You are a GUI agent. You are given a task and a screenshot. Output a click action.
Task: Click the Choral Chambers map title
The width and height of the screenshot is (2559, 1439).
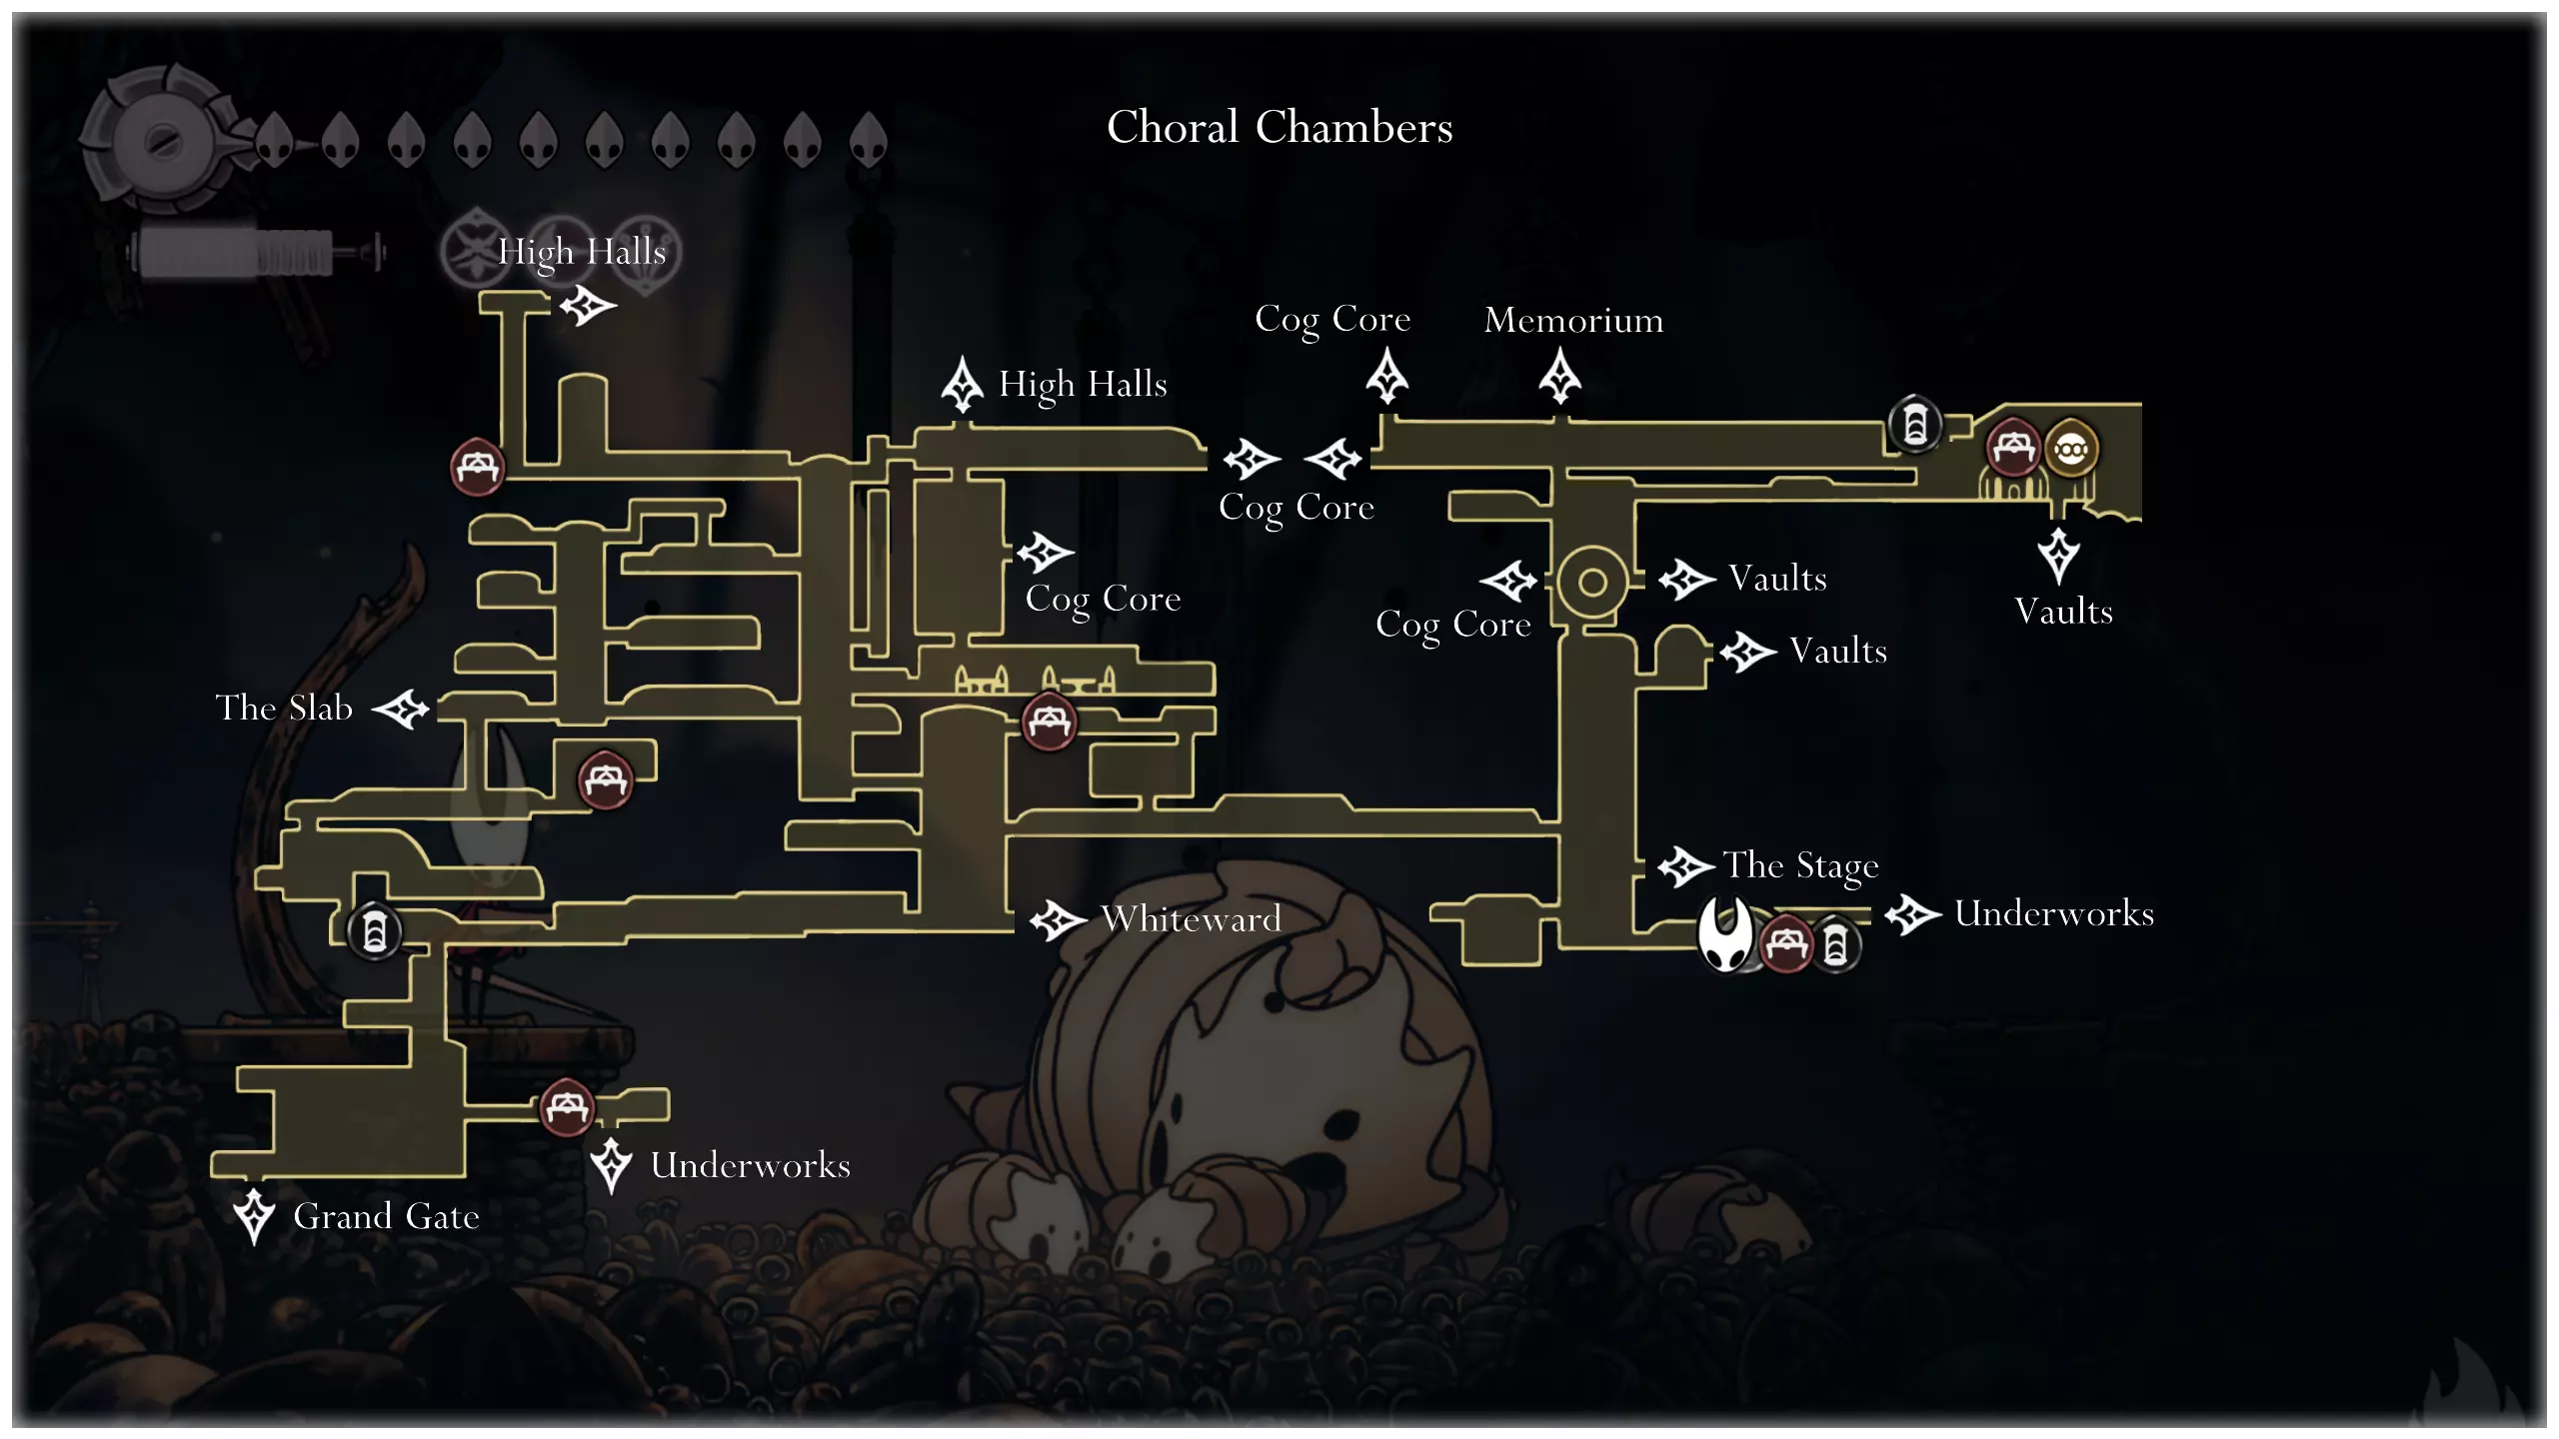[x=1279, y=128]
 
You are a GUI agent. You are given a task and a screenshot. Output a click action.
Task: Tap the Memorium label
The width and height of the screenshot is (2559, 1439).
[x=1573, y=320]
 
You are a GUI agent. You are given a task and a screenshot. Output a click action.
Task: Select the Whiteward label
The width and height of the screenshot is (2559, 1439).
[x=1191, y=918]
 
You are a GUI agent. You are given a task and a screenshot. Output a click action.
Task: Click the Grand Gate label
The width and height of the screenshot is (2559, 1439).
[x=386, y=1216]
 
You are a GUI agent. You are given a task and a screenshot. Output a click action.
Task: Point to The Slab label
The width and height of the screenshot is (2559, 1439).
[x=285, y=708]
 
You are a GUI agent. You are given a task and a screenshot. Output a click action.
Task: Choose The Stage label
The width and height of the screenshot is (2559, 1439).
[x=1800, y=865]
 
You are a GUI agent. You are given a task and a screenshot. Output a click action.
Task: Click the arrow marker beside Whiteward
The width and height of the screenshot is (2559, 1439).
[x=1058, y=919]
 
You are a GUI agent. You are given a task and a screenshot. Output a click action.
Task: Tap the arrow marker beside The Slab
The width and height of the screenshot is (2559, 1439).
[x=401, y=709]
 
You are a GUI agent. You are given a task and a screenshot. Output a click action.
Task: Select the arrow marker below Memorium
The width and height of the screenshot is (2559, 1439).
[x=1559, y=377]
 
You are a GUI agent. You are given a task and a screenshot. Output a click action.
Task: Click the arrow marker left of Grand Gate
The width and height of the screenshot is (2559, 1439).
[x=254, y=1215]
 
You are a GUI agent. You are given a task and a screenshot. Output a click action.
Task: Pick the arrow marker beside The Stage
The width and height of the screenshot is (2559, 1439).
[x=1685, y=865]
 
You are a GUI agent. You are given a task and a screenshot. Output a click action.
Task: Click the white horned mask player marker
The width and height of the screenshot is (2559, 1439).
[x=1726, y=934]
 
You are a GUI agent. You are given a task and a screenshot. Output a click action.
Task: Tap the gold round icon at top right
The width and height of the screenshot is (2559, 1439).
[x=2070, y=450]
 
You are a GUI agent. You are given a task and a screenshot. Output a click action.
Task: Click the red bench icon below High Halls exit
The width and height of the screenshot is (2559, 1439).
[x=477, y=466]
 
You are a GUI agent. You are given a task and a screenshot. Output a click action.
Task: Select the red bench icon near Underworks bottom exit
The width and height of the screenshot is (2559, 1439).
[x=567, y=1107]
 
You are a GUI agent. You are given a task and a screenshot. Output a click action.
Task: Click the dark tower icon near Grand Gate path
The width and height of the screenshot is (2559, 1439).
[x=375, y=932]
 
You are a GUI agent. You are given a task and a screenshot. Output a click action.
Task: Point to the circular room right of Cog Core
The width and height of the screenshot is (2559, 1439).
[x=1592, y=582]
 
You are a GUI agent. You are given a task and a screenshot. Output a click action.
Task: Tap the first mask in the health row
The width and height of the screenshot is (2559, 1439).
[x=274, y=140]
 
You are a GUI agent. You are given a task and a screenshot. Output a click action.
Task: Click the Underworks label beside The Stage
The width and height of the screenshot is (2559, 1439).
[x=2053, y=913]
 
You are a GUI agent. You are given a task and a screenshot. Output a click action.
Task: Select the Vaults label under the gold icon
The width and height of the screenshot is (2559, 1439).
[x=2063, y=612]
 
